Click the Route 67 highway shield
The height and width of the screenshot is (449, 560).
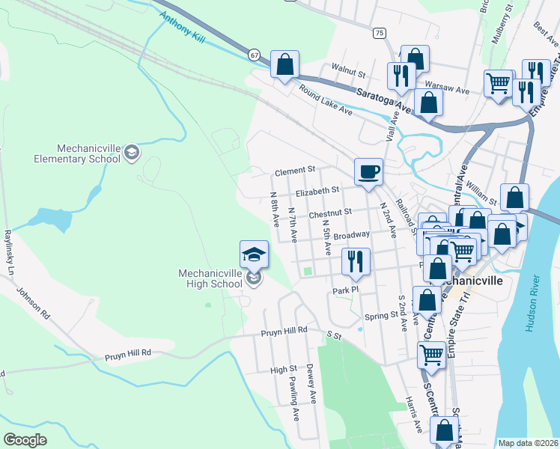(x=255, y=55)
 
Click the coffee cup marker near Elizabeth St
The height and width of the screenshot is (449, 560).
(x=368, y=172)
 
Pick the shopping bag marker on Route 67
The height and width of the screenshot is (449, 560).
(x=284, y=64)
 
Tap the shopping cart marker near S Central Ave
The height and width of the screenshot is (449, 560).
(x=432, y=355)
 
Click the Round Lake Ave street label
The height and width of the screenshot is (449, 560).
(x=325, y=100)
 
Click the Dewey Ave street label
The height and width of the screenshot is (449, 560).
(x=310, y=384)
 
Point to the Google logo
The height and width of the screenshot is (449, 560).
(x=25, y=439)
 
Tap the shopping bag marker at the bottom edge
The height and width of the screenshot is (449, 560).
(x=445, y=431)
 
